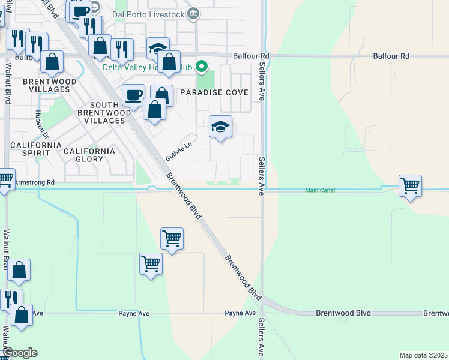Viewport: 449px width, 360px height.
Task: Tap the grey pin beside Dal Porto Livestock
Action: (193, 14)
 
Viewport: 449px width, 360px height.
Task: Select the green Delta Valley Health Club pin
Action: (202, 67)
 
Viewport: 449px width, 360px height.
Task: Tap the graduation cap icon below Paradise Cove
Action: (220, 127)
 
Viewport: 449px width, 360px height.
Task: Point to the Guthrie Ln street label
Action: (179, 152)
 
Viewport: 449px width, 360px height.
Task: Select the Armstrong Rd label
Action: (34, 182)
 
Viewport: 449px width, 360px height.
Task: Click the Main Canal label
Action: (319, 190)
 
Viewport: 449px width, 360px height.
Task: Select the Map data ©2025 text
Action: (423, 355)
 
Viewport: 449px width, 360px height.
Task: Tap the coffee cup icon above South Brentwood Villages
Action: (133, 95)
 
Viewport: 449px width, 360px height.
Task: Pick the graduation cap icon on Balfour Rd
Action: (158, 49)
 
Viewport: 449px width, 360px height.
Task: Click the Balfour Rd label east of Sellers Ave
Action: (391, 56)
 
